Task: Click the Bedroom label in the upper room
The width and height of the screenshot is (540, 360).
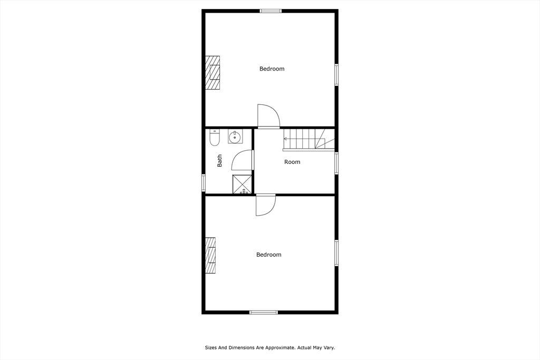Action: [272, 69]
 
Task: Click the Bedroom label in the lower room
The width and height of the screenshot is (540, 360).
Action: [268, 255]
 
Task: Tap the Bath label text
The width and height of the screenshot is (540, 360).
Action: [219, 161]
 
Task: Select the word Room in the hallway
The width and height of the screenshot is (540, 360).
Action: [292, 162]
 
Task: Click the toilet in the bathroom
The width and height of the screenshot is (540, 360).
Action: [215, 138]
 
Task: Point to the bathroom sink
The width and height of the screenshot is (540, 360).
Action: [235, 137]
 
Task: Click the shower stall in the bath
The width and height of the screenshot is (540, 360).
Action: [242, 184]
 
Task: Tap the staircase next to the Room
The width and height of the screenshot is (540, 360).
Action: [308, 139]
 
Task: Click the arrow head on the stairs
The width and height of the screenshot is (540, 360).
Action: [285, 139]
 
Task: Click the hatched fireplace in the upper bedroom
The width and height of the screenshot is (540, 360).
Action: [213, 73]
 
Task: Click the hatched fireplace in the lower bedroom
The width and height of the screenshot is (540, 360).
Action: [210, 255]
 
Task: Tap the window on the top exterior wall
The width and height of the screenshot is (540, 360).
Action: [271, 11]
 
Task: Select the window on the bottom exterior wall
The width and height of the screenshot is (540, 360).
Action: [264, 312]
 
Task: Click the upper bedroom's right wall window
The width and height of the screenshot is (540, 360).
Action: [336, 74]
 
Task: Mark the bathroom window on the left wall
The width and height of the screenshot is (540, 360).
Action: [204, 182]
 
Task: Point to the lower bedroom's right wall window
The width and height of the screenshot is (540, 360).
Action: [336, 252]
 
